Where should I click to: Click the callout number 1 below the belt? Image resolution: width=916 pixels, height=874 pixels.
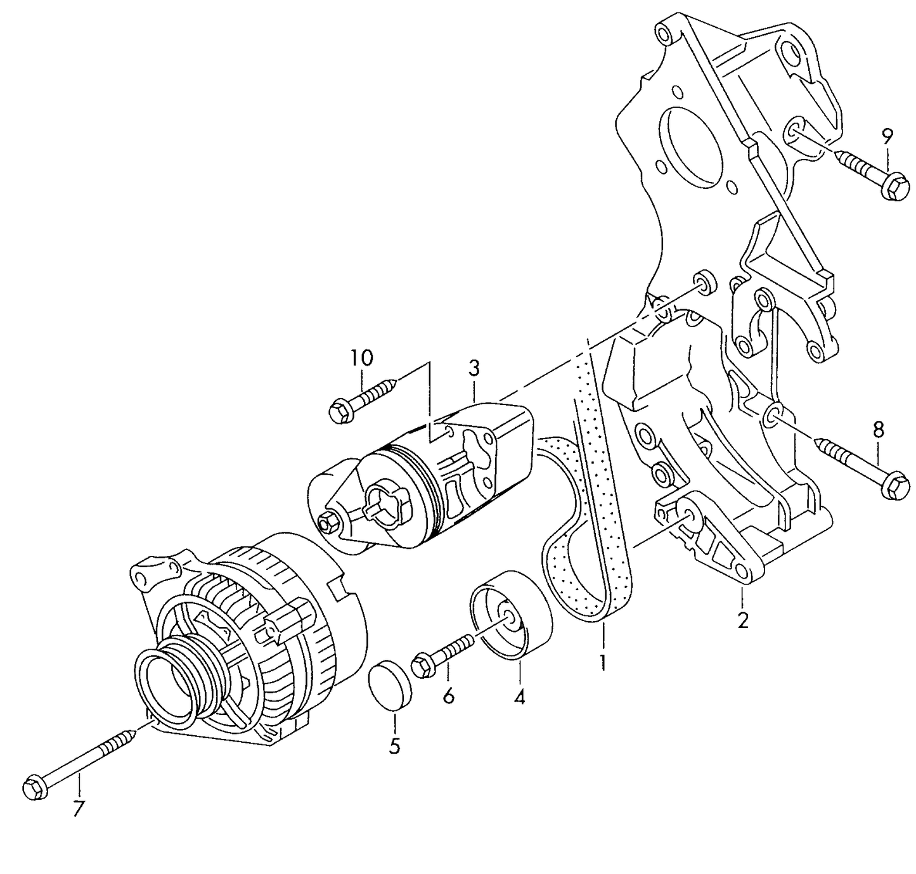[x=602, y=663]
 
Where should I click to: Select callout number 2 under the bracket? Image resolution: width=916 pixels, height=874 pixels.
[x=742, y=619]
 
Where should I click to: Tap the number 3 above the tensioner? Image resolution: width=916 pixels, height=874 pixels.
[x=474, y=368]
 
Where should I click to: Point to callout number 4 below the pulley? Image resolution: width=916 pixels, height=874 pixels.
[x=519, y=698]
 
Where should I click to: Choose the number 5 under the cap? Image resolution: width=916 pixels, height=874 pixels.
[x=394, y=746]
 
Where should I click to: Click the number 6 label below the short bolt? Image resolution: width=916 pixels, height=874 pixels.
[x=448, y=696]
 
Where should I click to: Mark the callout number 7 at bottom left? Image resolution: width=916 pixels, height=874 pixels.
[x=78, y=809]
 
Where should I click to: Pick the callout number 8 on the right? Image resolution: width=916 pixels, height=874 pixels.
[x=878, y=430]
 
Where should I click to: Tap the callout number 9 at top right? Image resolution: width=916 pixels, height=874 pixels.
[x=887, y=135]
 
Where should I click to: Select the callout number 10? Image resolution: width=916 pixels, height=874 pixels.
[x=362, y=358]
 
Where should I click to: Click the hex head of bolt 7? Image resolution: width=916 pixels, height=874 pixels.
[x=34, y=788]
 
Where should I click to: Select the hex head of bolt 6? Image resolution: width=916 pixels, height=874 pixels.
[x=422, y=666]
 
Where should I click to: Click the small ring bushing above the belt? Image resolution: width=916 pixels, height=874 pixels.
[x=703, y=281]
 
